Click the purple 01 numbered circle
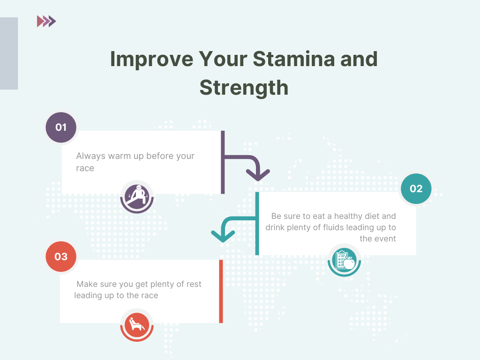click(x=61, y=127)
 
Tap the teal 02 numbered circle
click(x=416, y=188)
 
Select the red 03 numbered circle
click(x=61, y=256)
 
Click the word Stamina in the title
click(x=293, y=59)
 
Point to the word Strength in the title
click(x=244, y=88)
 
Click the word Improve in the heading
click(x=151, y=60)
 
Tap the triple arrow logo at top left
click(x=46, y=21)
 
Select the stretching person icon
click(x=137, y=196)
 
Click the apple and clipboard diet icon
click(x=345, y=260)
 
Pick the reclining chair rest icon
click(x=137, y=324)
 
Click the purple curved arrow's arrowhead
click(x=258, y=175)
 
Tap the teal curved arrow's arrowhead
click(x=223, y=236)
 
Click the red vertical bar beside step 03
click(x=221, y=291)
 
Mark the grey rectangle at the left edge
click(x=9, y=53)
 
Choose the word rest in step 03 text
click(x=194, y=284)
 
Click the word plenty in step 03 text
click(x=154, y=285)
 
